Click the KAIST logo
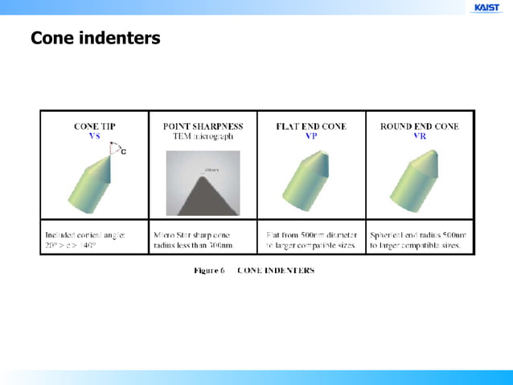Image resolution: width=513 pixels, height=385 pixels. coord(486,7)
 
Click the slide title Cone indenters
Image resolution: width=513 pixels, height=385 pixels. coord(95,38)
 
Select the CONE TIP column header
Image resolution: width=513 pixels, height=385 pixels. coord(94,126)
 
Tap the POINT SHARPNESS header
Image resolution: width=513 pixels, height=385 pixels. coord(203,126)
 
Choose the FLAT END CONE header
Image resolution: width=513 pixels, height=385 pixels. coord(311,126)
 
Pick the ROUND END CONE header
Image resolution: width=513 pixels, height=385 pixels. coord(419,126)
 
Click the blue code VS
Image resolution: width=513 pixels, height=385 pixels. coord(94,136)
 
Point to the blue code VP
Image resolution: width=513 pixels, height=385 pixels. coord(311,136)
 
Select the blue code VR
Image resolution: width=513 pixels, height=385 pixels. coord(419,136)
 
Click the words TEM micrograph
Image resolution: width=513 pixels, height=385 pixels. coord(203,136)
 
